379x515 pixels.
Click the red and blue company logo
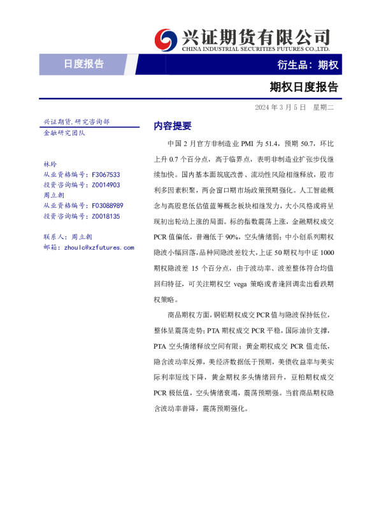(167, 40)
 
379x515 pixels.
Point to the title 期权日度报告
(303, 87)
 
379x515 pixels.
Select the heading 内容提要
(173, 126)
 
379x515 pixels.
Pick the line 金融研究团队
(64, 133)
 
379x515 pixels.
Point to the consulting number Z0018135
(106, 217)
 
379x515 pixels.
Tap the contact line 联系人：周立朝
(68, 237)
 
